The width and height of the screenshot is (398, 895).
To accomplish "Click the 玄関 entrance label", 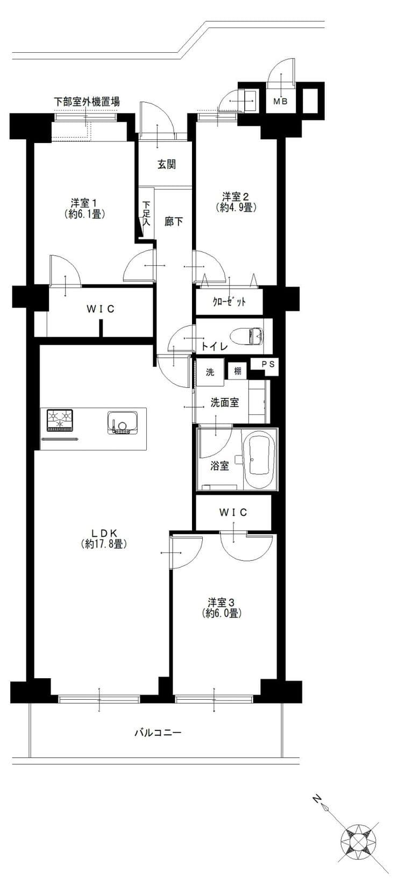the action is click(x=166, y=164).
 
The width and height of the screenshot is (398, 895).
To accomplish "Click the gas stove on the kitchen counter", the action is click(x=60, y=420).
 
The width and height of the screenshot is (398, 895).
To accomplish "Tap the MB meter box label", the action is click(x=280, y=102).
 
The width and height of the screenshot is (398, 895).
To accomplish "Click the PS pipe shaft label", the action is click(x=268, y=364).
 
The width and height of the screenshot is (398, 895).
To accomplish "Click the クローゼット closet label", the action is click(x=229, y=302).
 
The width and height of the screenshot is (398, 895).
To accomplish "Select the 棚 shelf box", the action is click(x=238, y=371).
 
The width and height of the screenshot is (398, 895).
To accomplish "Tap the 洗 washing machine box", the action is click(x=210, y=372).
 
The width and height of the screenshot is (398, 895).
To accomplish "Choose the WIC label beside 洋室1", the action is click(x=101, y=309).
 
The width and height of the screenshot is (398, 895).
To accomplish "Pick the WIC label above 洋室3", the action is click(x=233, y=512).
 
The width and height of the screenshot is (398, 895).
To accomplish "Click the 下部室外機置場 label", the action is click(x=87, y=102).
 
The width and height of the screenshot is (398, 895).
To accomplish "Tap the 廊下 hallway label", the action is click(x=174, y=222).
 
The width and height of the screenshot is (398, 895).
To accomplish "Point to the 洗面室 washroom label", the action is click(x=225, y=402).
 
